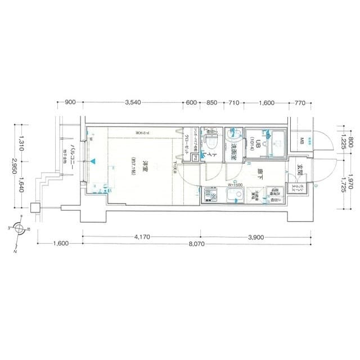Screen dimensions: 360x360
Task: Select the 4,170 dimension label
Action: click(142, 237)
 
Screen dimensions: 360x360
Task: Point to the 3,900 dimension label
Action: click(256, 237)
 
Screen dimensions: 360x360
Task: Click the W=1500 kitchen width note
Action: click(235, 184)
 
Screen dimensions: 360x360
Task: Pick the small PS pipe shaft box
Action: click(195, 158)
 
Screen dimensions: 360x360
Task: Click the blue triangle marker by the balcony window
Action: click(94, 162)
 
